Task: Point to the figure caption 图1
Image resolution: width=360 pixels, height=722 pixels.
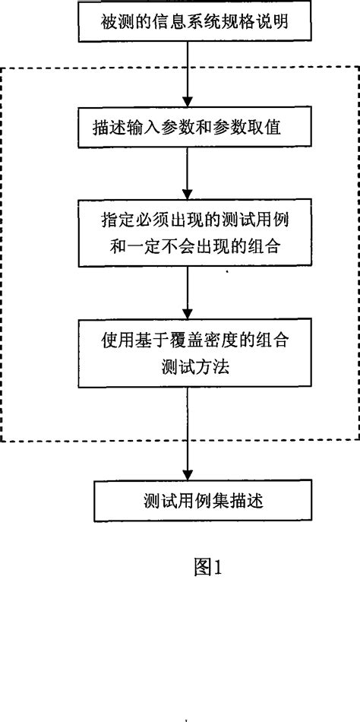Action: coord(206,568)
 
